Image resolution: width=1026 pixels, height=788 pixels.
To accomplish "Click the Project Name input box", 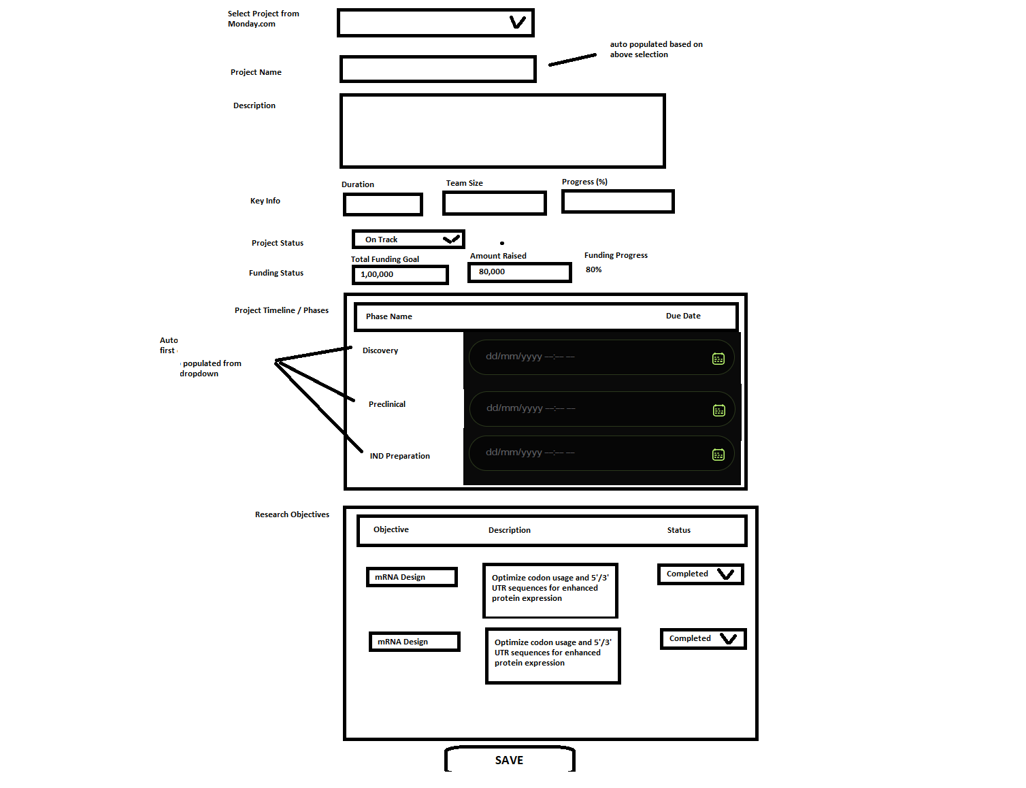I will point(437,69).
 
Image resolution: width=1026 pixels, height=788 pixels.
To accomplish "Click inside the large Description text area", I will point(502,131).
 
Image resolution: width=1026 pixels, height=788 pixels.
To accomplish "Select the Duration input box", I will point(383,204).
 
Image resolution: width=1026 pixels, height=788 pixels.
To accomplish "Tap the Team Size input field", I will point(495,203).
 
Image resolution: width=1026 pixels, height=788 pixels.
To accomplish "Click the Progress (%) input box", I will point(618,201).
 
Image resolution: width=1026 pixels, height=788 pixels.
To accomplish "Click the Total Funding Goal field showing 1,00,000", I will point(400,275).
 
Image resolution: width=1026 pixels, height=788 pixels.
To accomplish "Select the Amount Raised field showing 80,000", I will point(520,272).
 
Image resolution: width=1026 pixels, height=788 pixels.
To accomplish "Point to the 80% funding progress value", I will point(594,269).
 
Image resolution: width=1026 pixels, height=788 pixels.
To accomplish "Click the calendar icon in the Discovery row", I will point(718,359).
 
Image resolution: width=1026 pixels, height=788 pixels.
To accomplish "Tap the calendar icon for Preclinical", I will point(719,410).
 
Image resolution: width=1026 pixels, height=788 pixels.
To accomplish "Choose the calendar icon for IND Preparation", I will point(718,455).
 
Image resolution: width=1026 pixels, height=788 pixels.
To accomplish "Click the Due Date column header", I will point(683,316).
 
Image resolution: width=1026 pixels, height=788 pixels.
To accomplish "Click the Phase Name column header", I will point(389,316).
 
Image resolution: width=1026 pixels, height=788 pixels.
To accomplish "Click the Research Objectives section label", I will point(292,514).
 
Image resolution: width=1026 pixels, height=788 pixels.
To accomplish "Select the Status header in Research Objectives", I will point(679,530).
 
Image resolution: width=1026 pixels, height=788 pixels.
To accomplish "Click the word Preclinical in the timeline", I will point(387,404).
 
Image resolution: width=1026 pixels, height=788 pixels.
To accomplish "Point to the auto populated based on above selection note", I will point(656,49).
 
